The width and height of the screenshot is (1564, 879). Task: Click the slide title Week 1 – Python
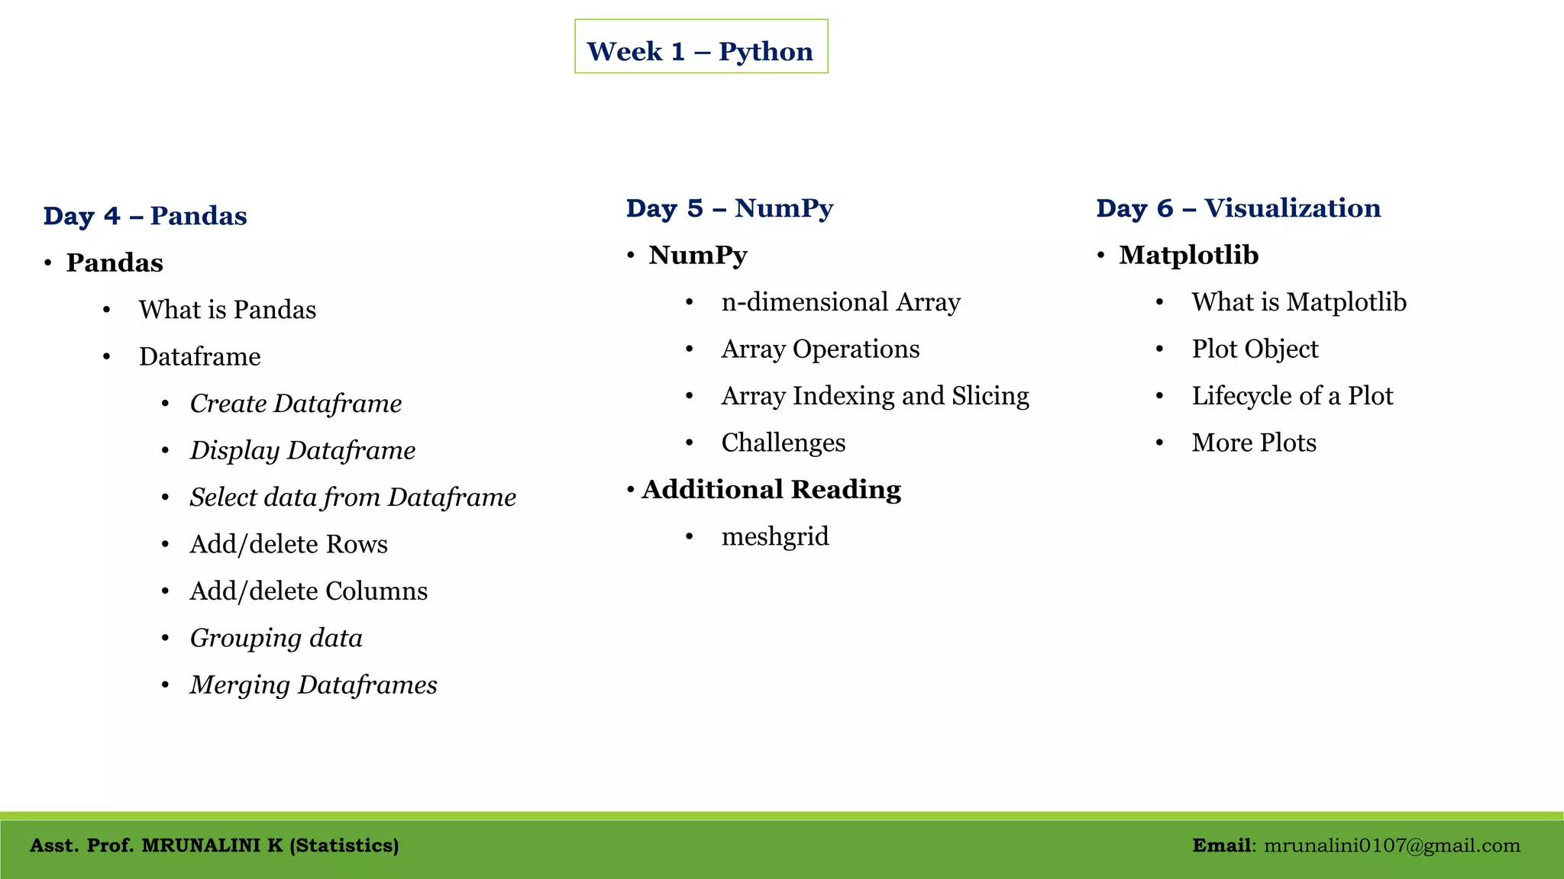coord(700,51)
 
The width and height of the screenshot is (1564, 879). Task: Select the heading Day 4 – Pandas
coord(145,216)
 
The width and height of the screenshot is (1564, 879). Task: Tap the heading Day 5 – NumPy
coord(729,208)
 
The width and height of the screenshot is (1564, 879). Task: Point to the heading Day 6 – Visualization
coord(1238,208)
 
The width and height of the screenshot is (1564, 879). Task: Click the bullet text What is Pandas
coord(227,310)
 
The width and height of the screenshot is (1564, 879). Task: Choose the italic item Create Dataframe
coord(296,404)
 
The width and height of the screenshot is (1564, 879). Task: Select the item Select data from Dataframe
coord(353,497)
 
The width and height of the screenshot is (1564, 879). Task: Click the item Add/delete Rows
coord(289,544)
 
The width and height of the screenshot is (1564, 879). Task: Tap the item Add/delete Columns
coord(309,591)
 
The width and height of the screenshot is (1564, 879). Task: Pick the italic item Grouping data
coord(276,638)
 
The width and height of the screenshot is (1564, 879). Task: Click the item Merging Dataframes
coord(313,685)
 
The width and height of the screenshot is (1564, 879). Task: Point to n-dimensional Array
coord(841,302)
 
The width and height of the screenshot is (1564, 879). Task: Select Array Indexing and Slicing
coord(875,396)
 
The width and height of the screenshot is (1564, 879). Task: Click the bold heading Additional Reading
coord(771,490)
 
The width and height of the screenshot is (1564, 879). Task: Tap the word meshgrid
coord(775,536)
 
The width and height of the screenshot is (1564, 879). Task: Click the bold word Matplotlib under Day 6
coord(1188,255)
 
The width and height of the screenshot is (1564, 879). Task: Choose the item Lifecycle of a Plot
coord(1292,396)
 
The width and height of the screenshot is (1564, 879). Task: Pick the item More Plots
coord(1254,443)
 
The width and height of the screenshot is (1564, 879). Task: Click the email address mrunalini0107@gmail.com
coord(1391,845)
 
